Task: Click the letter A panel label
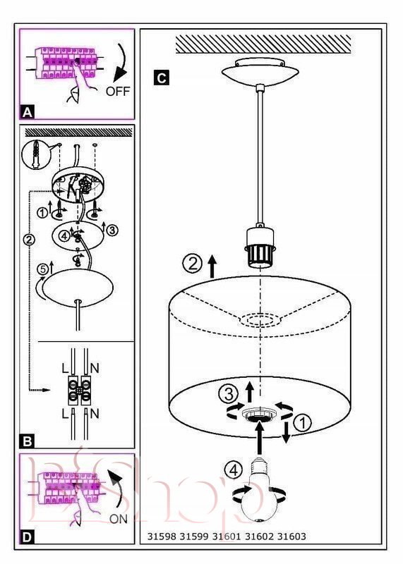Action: pos(28,113)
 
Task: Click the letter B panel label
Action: pos(28,441)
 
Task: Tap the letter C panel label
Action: pos(161,78)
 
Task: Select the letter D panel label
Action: pos(28,538)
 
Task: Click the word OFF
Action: pos(118,92)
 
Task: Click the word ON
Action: pos(119,519)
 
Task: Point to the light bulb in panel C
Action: pos(258,490)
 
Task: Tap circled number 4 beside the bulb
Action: pos(234,470)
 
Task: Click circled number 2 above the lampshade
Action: pos(193,264)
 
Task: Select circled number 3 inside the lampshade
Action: pos(229,394)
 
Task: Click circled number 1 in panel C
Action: pos(303,423)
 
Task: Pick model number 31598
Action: pos(162,537)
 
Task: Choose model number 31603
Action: pos(291,537)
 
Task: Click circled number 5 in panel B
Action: pos(42,269)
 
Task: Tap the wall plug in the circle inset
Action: pos(35,154)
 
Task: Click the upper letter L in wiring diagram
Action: pos(65,368)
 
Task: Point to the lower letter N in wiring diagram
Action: pos(95,414)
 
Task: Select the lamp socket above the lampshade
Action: pos(260,245)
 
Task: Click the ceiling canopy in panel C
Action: pos(260,72)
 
